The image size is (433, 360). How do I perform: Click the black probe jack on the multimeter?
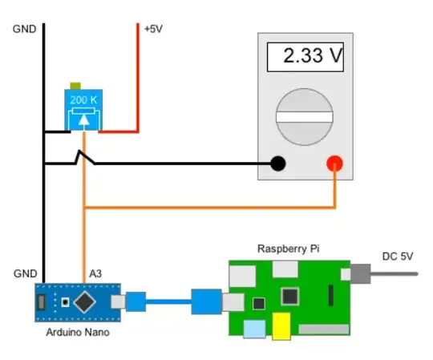pos(278,164)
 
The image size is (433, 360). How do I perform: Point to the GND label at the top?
pos(24,30)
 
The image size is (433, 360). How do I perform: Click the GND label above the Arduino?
pos(24,273)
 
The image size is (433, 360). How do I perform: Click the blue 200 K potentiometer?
pos(83,111)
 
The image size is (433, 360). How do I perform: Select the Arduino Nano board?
pos(76,302)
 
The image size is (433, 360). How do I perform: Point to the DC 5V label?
pos(399,257)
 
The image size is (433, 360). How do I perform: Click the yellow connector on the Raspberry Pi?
pos(281,326)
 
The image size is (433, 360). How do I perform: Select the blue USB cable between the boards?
pos(168,303)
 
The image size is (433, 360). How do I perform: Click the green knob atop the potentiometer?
pos(76,85)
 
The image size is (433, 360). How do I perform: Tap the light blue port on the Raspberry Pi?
pos(254,329)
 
